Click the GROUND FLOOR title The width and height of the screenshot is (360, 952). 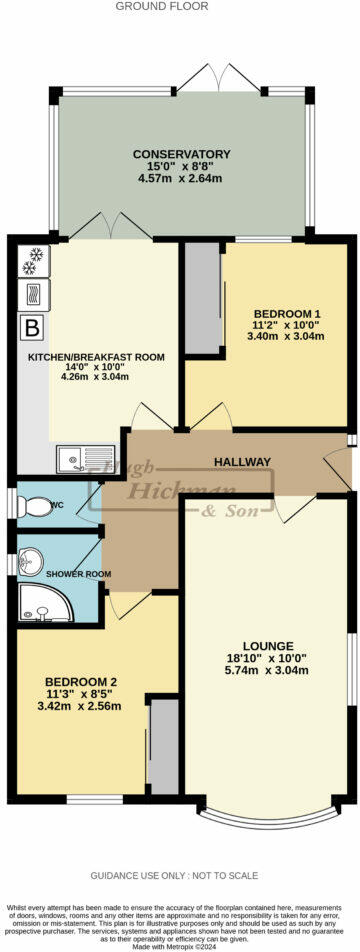point(162,6)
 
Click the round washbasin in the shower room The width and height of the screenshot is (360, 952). point(36,558)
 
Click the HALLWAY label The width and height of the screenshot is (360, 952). point(242,461)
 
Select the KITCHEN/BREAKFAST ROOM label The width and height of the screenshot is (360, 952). point(96,356)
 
